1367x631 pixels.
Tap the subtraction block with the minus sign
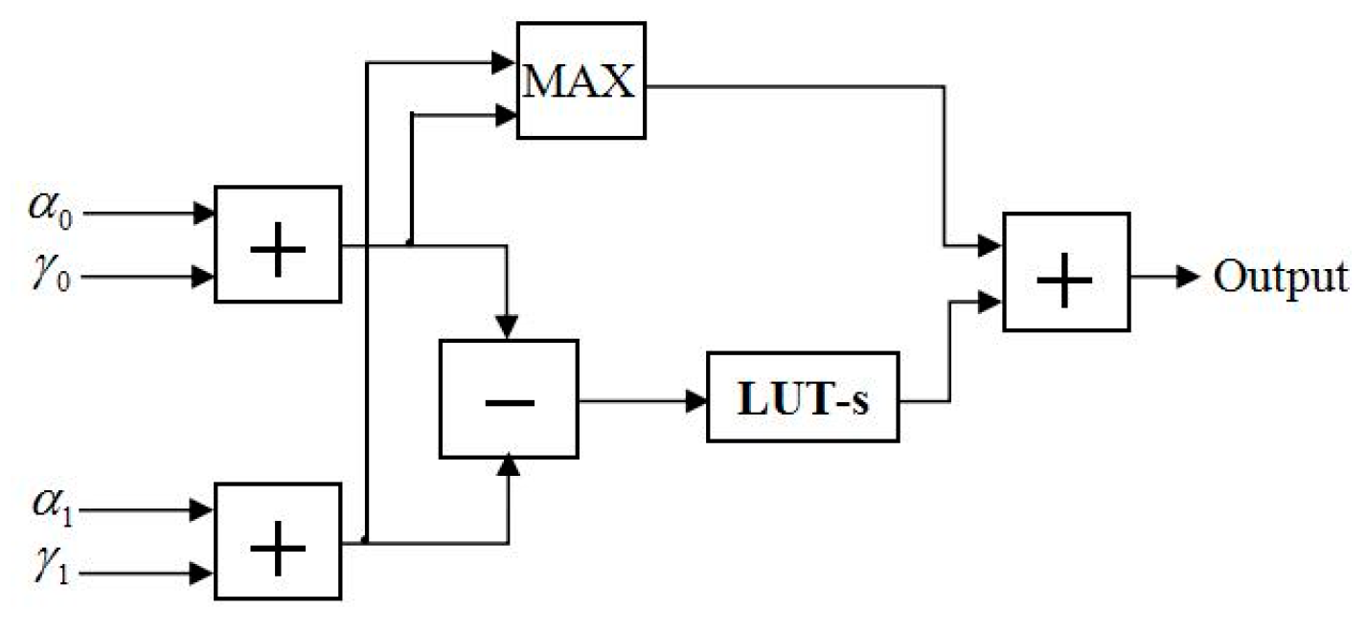pyautogui.click(x=509, y=398)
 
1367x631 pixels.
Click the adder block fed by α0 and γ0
pyautogui.click(x=278, y=245)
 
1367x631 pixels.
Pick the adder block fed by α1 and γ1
pyautogui.click(x=278, y=541)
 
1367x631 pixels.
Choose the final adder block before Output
pyautogui.click(x=1066, y=273)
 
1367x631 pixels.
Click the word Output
pyautogui.click(x=1280, y=277)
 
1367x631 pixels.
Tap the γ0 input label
pyautogui.click(x=49, y=279)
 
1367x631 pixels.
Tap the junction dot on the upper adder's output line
pyautogui.click(x=410, y=243)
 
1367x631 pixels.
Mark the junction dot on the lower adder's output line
pyautogui.click(x=366, y=541)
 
